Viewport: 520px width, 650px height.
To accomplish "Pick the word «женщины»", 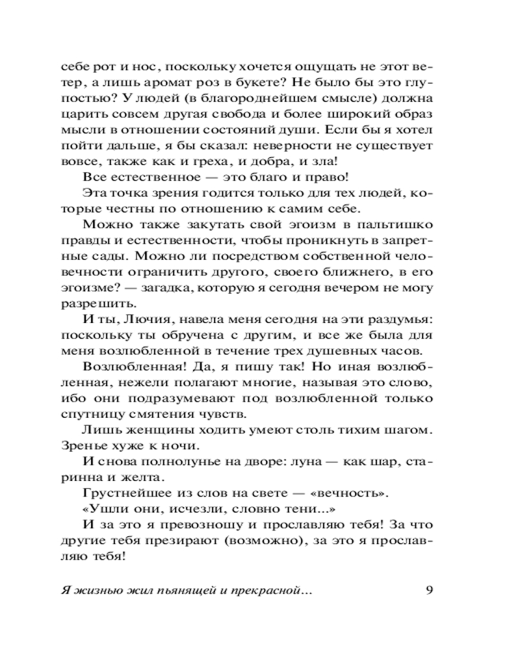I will pyautogui.click(x=147, y=430).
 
